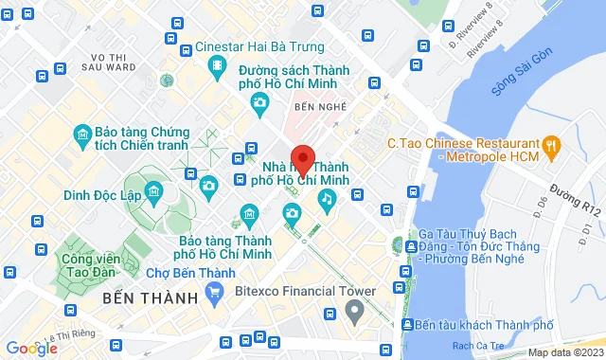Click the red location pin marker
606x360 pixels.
click(x=303, y=159)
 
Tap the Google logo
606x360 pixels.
click(x=30, y=349)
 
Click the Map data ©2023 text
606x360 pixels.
click(x=564, y=353)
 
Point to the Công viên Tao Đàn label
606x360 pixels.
click(x=89, y=265)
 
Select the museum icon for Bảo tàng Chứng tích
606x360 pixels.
click(x=82, y=139)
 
